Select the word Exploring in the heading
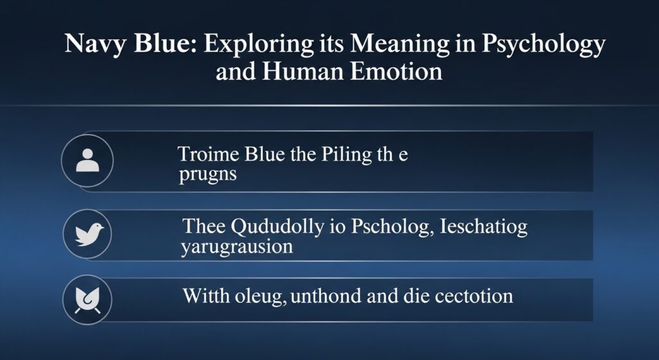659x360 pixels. click(259, 44)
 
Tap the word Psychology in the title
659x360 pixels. click(543, 44)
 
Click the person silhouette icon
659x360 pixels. click(88, 160)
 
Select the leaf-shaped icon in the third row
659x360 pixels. click(88, 300)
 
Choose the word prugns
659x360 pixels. click(208, 175)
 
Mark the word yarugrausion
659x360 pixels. click(237, 247)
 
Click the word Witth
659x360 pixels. click(207, 296)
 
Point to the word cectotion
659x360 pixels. click(473, 296)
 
